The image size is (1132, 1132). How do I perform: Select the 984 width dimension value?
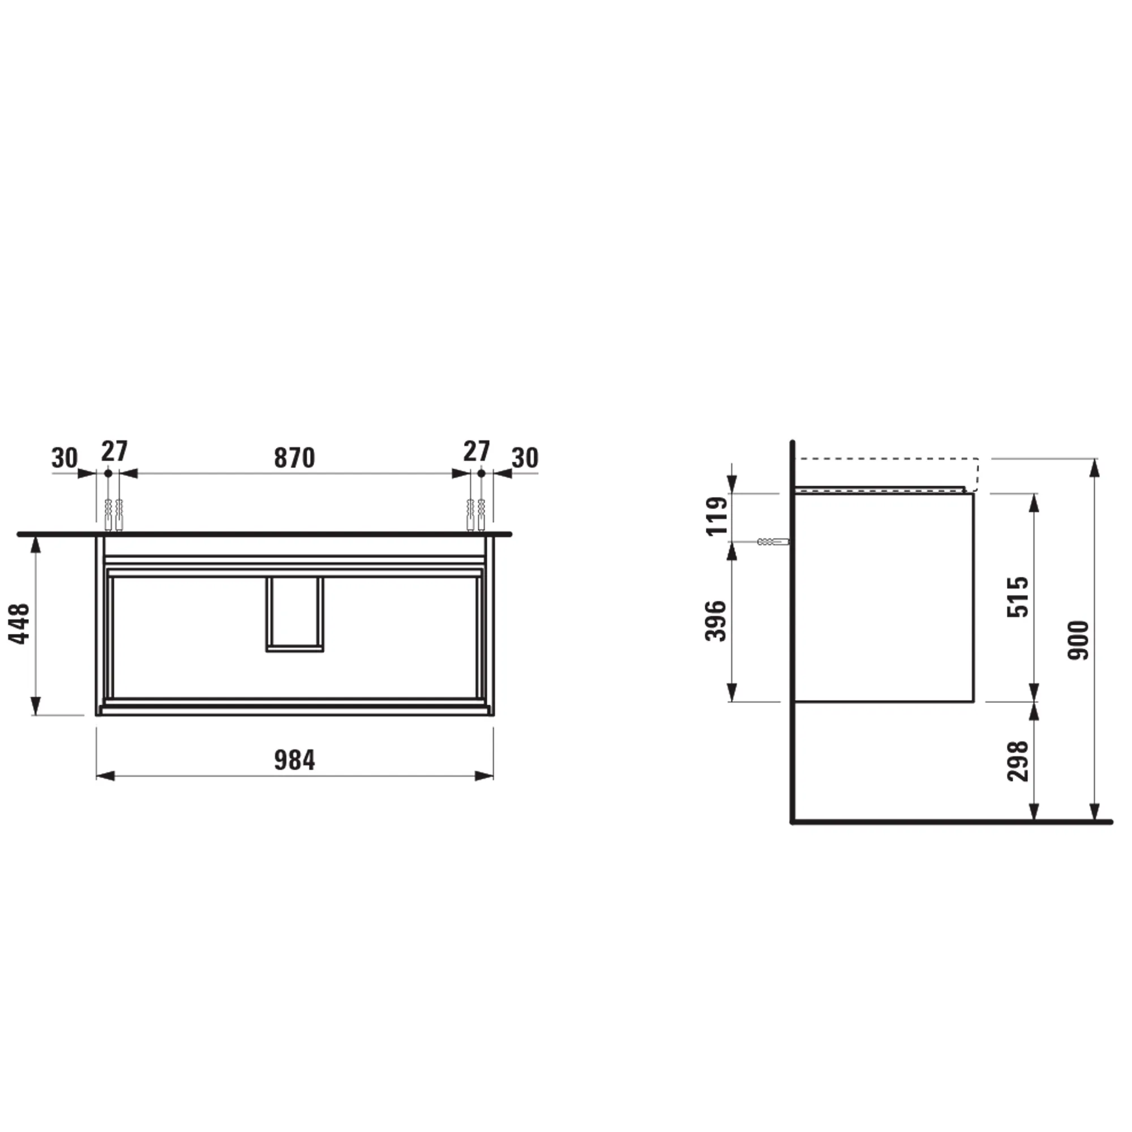(294, 761)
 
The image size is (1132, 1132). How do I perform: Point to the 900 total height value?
(1079, 640)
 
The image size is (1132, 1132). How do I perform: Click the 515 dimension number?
(1019, 597)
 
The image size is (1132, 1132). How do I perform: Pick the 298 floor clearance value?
(1019, 761)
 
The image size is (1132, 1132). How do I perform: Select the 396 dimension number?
(717, 621)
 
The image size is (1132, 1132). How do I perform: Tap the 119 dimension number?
(717, 516)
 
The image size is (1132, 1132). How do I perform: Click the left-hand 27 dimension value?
(114, 452)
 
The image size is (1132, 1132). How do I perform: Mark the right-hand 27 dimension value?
(477, 452)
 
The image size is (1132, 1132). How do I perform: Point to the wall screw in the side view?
(773, 542)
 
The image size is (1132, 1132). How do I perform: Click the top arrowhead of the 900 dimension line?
(1094, 469)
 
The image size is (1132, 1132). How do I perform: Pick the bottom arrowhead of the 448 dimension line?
(36, 706)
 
